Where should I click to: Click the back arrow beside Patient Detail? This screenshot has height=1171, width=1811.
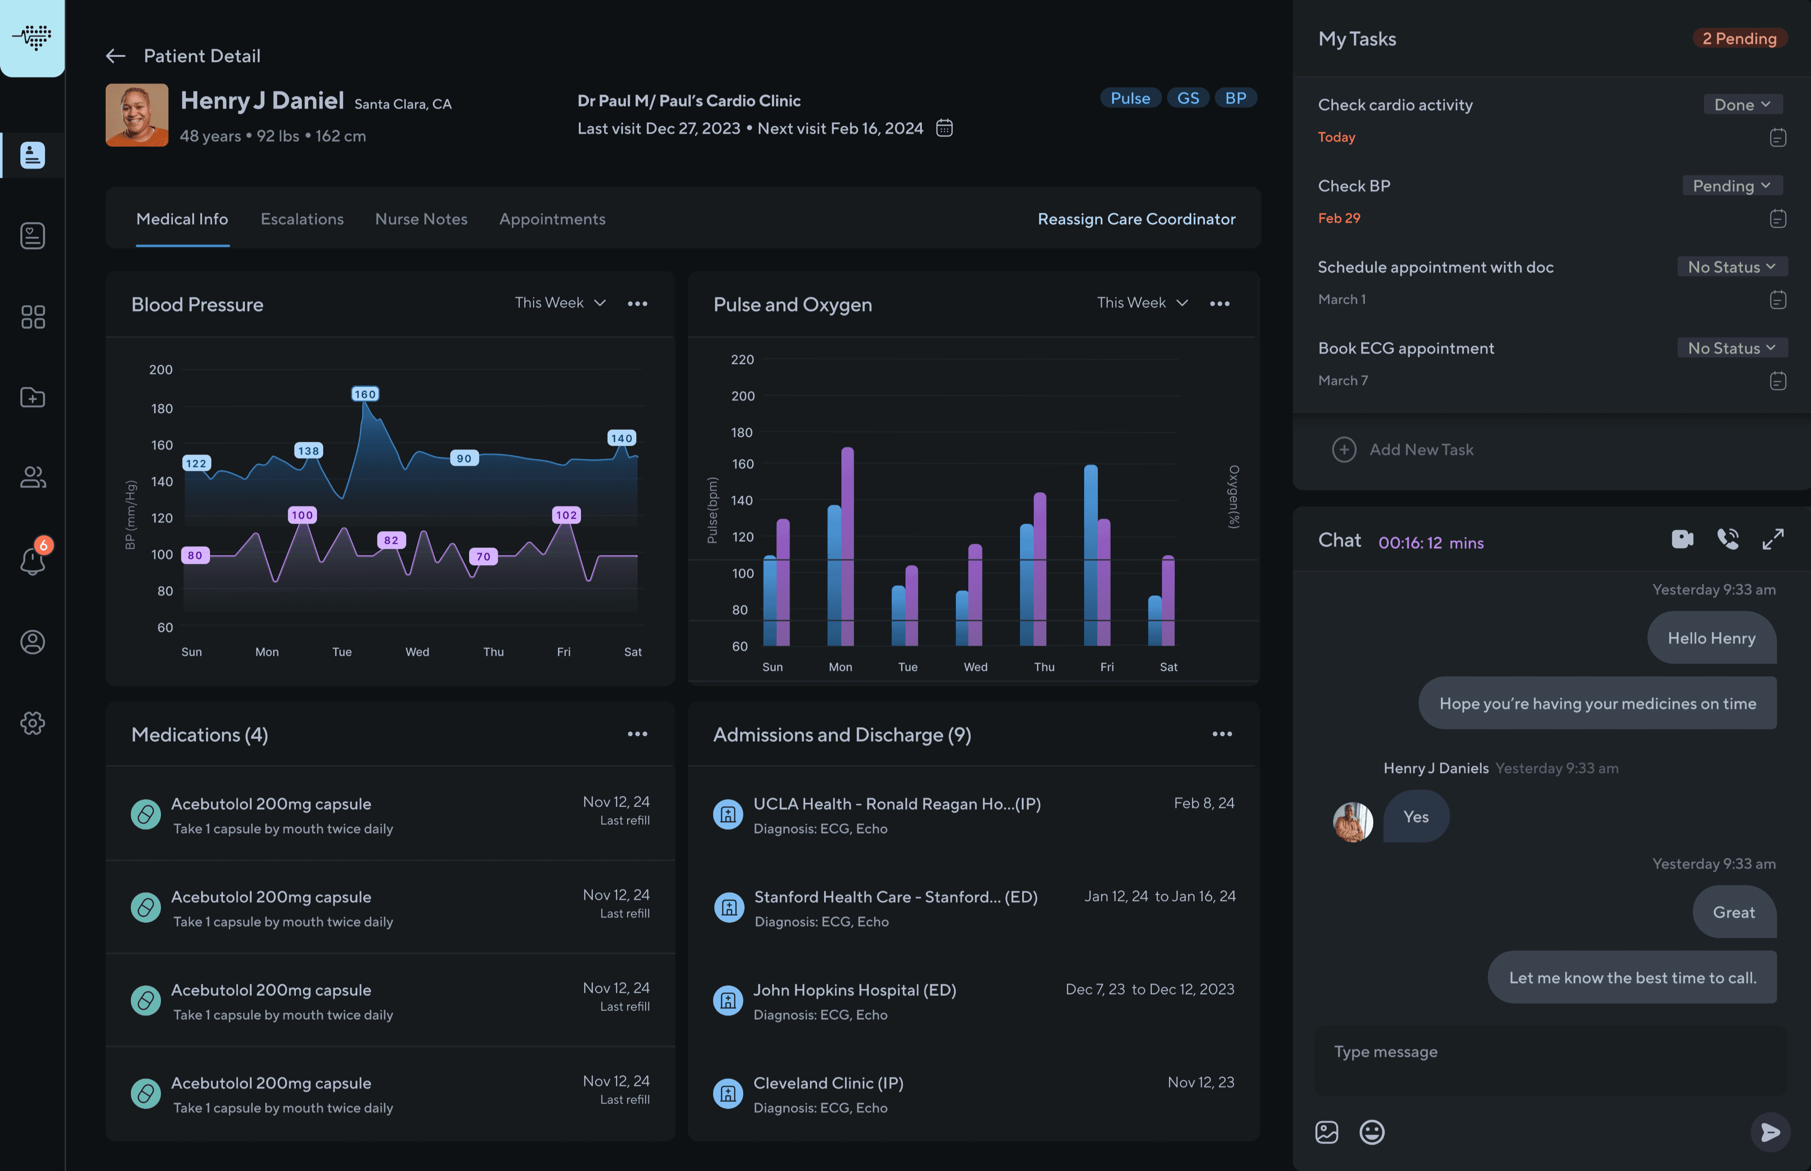[115, 56]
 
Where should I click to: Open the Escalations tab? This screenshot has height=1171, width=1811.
[302, 219]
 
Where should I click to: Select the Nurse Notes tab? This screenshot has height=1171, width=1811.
[421, 219]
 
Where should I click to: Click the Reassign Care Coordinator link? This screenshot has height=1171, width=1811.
[1137, 219]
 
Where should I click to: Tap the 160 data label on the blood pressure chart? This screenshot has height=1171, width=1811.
[365, 394]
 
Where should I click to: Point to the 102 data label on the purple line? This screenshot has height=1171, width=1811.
[566, 515]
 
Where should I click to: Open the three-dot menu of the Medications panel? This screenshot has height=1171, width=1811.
[637, 734]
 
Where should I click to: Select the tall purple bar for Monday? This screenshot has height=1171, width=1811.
[847, 546]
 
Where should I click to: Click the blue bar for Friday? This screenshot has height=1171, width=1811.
[1090, 555]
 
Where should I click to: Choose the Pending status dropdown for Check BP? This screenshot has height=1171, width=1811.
[1732, 186]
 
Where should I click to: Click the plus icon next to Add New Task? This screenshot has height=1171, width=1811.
[1343, 449]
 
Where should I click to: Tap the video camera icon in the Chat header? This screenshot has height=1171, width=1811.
[1682, 539]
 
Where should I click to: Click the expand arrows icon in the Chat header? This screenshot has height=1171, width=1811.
[1773, 539]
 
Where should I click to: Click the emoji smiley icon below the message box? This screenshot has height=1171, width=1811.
[1372, 1132]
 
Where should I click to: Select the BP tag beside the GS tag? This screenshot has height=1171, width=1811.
[1235, 98]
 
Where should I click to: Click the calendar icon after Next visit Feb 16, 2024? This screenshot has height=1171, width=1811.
[944, 128]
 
